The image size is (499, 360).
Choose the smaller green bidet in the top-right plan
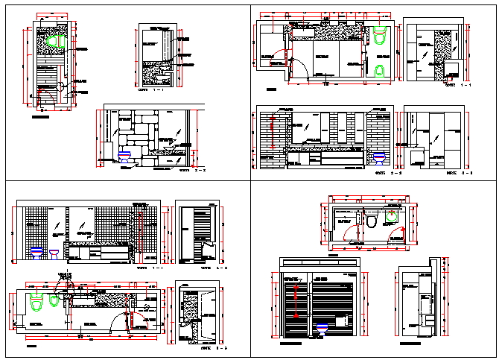click(381, 70)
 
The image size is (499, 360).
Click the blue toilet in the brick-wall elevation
click(379, 157)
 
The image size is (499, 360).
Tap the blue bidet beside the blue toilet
click(54, 253)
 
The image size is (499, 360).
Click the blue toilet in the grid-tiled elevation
click(35, 253)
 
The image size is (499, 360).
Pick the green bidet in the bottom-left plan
click(54, 301)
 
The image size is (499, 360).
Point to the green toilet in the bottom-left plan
click(35, 303)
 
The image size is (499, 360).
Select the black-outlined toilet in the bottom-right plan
click(370, 219)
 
